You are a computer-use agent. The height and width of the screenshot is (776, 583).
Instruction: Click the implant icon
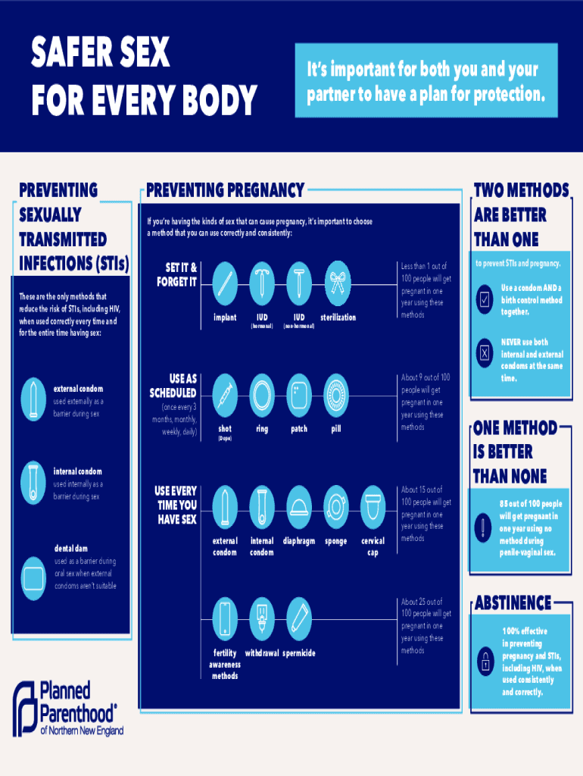(226, 283)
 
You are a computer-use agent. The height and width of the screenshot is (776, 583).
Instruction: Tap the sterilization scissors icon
(338, 283)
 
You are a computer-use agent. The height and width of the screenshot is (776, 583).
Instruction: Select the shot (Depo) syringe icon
(226, 394)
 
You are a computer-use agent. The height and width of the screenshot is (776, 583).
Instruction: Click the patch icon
(300, 394)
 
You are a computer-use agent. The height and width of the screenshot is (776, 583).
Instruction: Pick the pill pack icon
(337, 394)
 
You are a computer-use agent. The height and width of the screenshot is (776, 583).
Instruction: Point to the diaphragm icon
(300, 505)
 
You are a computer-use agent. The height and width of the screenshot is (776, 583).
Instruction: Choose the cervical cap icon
(373, 505)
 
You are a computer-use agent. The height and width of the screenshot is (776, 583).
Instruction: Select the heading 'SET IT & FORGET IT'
(177, 274)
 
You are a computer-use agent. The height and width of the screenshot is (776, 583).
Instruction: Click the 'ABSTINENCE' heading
(513, 603)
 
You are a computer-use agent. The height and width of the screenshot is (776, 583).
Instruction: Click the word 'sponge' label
(336, 541)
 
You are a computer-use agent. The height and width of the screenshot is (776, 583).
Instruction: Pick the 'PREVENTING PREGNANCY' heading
(225, 190)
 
